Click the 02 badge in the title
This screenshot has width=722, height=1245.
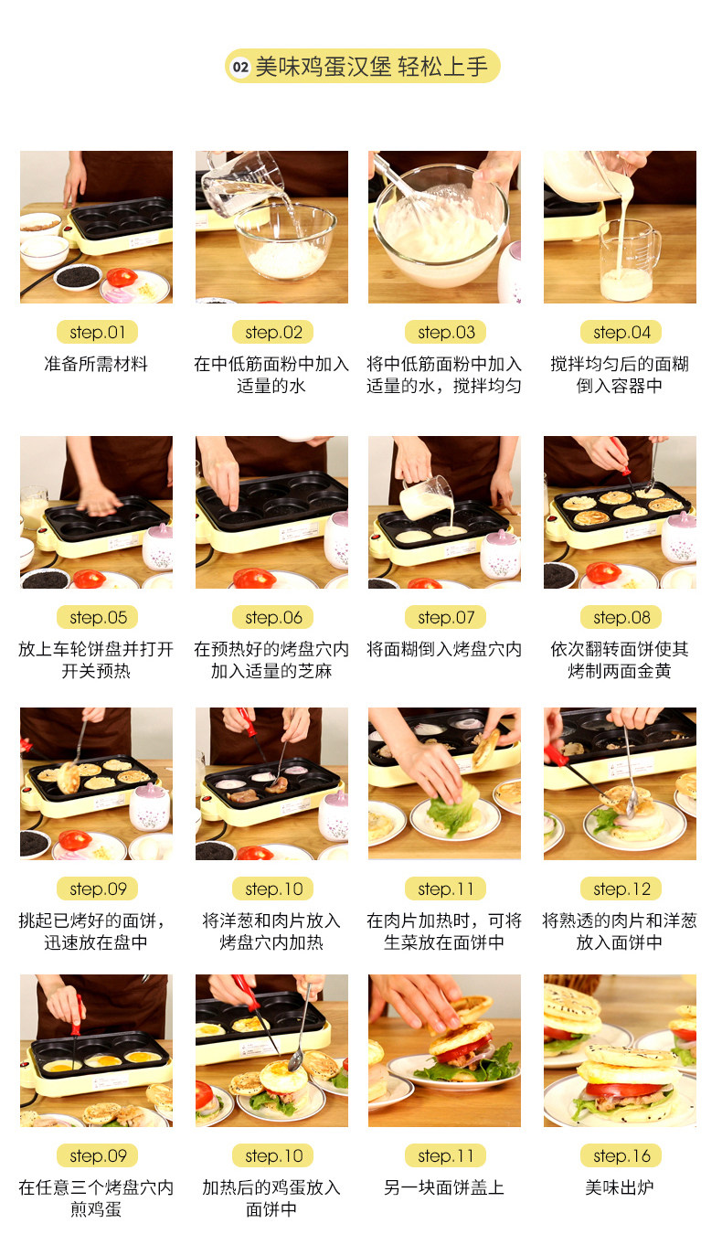240,68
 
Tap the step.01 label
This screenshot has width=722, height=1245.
97,333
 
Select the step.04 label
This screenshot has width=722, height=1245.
621,333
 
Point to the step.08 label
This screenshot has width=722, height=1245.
621,618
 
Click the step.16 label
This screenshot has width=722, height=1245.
621,1156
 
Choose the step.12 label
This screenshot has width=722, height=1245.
621,889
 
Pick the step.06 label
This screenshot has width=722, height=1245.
273,618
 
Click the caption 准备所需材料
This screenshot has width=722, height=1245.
96,364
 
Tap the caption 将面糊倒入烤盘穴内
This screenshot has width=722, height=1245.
444,649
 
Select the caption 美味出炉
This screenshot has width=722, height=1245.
620,1187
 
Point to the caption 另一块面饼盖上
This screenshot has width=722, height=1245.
444,1187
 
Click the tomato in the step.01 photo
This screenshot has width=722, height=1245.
122,277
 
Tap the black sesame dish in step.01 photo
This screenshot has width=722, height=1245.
78,277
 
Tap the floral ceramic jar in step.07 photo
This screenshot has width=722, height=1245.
501,552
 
